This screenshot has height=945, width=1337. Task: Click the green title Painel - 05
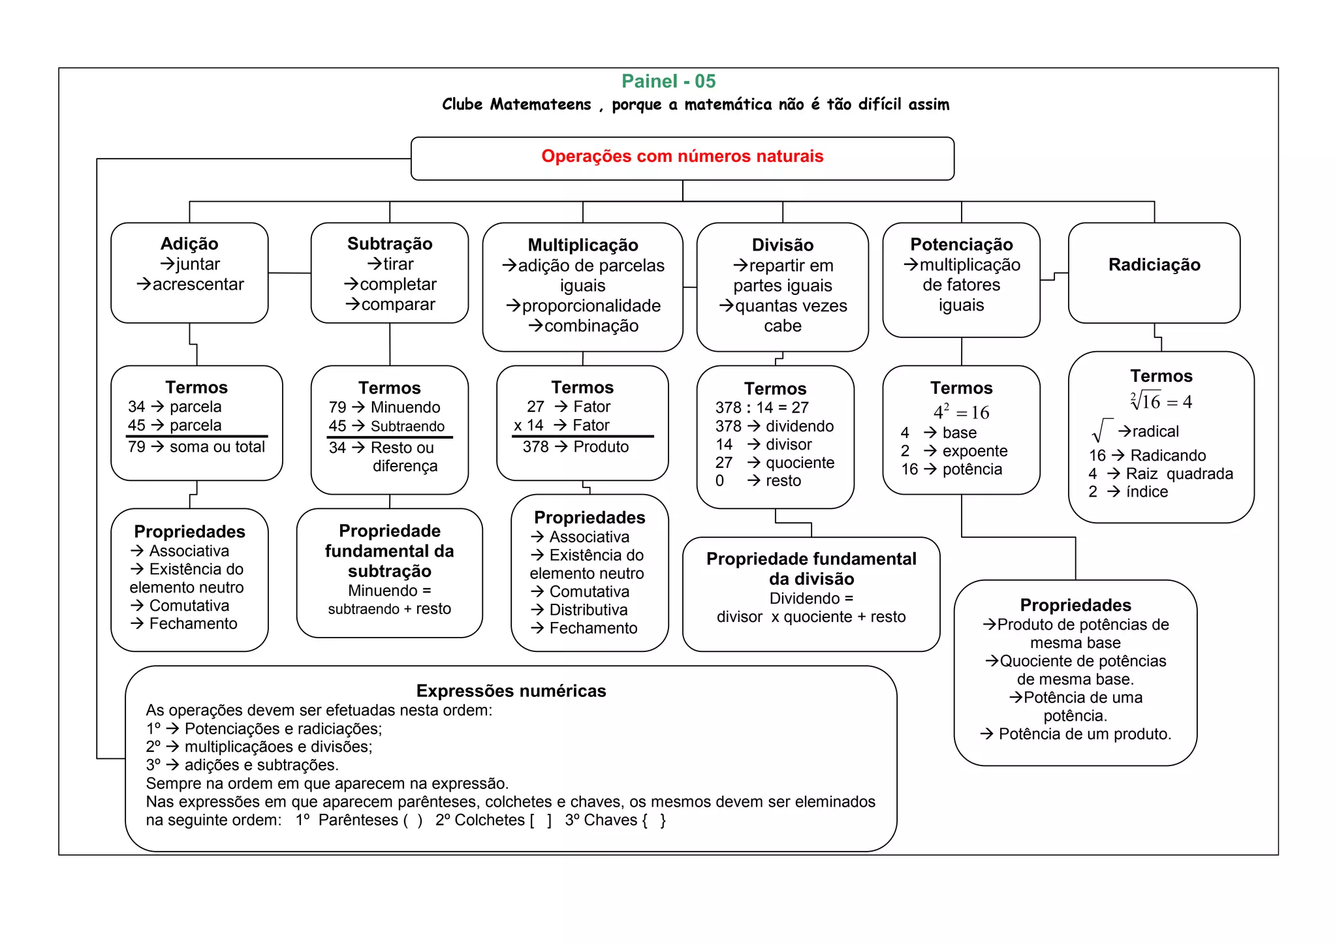[668, 82]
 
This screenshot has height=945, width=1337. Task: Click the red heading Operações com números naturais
[682, 157]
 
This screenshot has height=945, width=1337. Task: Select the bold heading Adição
[189, 244]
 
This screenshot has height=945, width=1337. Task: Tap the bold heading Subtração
[390, 244]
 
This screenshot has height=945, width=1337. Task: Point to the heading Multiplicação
[583, 245]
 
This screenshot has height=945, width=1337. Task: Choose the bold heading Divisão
[782, 245]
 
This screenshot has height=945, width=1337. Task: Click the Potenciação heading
[961, 245]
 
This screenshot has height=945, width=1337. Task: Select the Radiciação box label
[1154, 265]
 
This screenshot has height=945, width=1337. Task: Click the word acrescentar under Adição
[198, 285]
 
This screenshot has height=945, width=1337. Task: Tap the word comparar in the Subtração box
[398, 305]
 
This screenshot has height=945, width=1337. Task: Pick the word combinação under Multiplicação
[591, 326]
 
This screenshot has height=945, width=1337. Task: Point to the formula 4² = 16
[961, 412]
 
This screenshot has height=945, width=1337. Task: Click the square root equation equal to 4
[1161, 401]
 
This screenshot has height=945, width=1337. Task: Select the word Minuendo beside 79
[405, 407]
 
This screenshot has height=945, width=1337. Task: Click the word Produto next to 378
[601, 447]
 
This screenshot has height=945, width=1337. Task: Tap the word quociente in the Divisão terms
[800, 463]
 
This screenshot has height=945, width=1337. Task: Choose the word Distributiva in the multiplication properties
[588, 610]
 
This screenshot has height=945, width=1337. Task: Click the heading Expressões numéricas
[511, 691]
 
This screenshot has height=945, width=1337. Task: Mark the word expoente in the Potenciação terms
[975, 451]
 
